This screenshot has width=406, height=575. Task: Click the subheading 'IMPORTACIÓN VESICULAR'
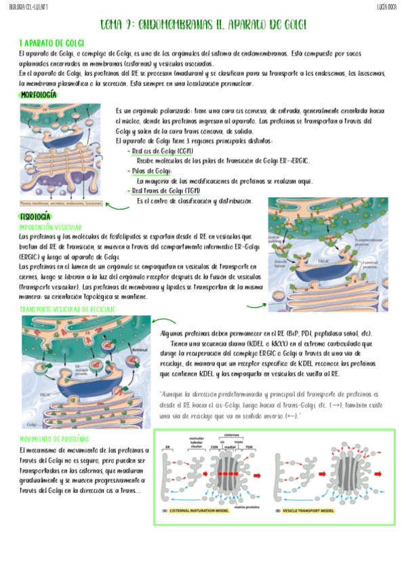51,227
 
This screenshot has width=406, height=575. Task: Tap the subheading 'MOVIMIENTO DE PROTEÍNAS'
54,439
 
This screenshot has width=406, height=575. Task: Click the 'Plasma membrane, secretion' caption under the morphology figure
62,202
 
